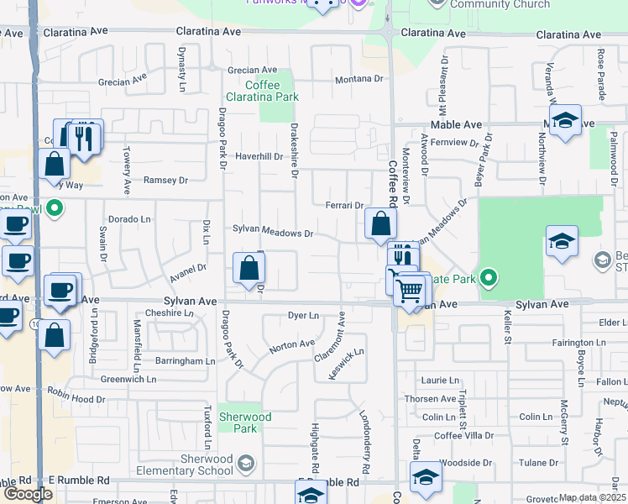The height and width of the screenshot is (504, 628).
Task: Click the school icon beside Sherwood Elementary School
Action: click(x=245, y=464)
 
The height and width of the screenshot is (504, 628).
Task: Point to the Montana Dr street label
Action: click(x=358, y=79)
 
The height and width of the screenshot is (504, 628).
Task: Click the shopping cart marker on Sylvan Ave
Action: click(x=411, y=291)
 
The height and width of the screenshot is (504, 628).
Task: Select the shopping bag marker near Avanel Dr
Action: click(x=249, y=270)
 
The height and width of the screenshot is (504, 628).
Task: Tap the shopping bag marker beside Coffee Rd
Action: click(x=381, y=224)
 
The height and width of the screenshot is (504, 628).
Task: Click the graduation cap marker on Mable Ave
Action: click(x=565, y=122)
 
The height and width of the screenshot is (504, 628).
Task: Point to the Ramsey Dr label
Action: click(x=165, y=180)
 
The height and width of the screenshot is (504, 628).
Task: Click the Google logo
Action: click(x=28, y=494)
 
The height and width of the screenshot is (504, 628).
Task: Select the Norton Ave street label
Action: click(x=291, y=344)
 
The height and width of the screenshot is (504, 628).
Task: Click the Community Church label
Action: click(x=500, y=4)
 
